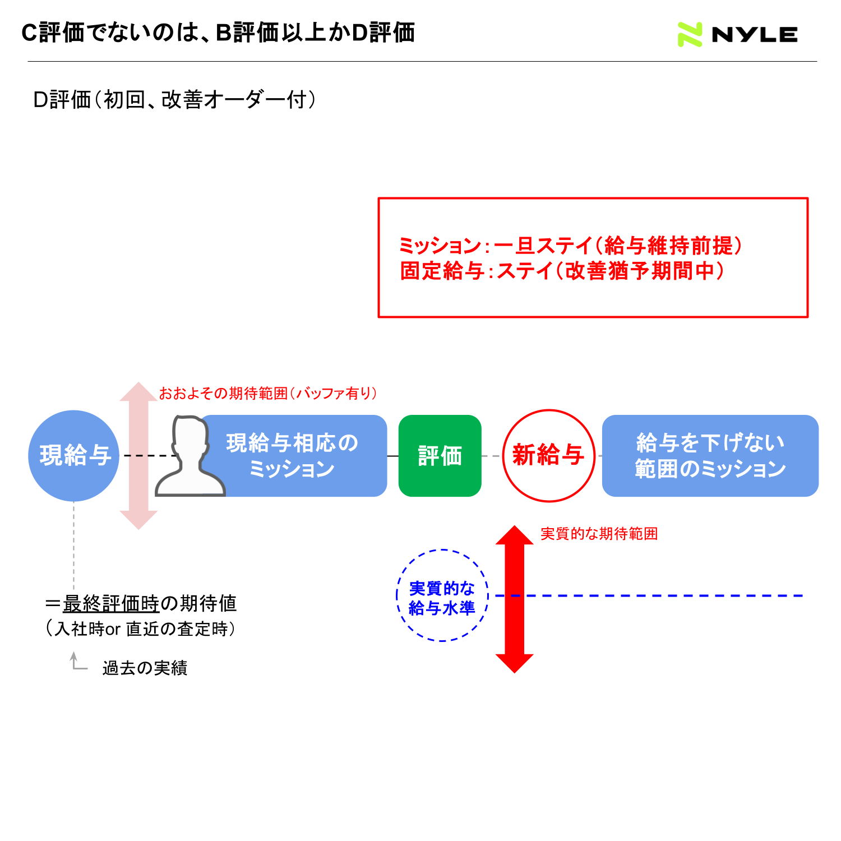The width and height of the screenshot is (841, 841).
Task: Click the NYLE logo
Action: coord(737,34)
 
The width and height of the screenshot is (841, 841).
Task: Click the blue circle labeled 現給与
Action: coord(73,456)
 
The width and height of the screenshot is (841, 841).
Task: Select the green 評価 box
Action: coord(440,456)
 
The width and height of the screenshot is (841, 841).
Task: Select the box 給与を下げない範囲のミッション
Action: coord(710,456)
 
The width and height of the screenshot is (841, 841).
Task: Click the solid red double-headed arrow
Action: coord(515,599)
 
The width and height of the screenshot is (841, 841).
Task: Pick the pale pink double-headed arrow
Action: coord(138,456)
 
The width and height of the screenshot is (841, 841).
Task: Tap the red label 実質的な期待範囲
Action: coord(599,534)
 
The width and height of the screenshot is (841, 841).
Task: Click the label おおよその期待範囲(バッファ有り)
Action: coord(268,394)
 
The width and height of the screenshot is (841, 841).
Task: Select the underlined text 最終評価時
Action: coord(111,604)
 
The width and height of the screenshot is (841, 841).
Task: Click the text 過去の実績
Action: coord(145,668)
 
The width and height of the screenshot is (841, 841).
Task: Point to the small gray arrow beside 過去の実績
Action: coord(77,662)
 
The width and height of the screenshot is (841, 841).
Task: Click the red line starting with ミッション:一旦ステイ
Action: coord(571,246)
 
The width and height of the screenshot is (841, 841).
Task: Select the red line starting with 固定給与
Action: coord(562,271)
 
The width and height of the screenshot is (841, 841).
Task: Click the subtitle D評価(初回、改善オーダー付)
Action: coord(175,100)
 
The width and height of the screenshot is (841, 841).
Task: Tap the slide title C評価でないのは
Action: coord(218,33)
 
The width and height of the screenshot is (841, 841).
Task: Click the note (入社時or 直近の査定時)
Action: coord(140,629)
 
